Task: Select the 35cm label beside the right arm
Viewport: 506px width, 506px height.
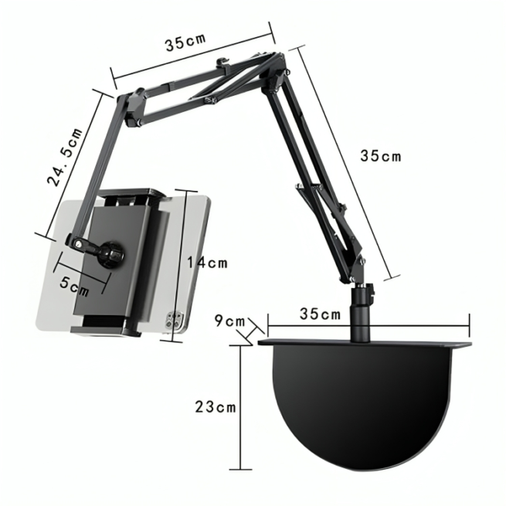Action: (381, 156)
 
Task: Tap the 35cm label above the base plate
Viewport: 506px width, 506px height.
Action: (320, 314)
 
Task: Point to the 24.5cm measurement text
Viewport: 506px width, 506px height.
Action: (65, 158)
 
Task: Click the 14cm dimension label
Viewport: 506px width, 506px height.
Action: (207, 263)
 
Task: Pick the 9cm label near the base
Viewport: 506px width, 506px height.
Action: (230, 321)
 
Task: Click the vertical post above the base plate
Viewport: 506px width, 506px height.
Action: (362, 317)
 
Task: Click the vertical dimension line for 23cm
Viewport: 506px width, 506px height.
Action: (242, 406)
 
